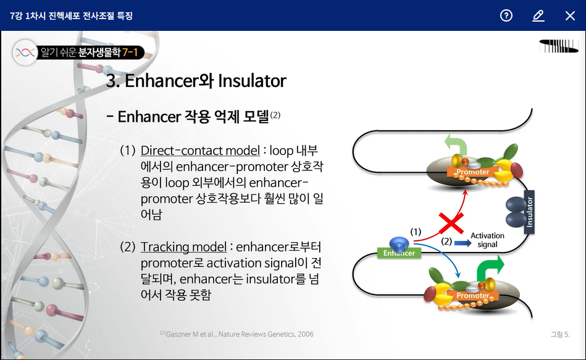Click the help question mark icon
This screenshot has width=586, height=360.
coord(506,15)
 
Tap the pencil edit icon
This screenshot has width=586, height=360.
coord(538,15)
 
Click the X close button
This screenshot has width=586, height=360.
coord(570,15)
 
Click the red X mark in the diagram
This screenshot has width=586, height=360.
coord(451,223)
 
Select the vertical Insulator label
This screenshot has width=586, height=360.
coord(529,212)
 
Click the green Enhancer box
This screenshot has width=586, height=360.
coord(399,253)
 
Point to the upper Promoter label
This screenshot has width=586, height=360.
coord(473,172)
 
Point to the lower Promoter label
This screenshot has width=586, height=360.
coord(473,295)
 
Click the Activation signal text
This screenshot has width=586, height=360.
coord(487,240)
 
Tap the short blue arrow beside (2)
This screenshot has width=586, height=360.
coord(463,243)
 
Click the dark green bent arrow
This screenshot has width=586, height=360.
coord(490,269)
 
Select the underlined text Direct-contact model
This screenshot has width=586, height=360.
coord(200,151)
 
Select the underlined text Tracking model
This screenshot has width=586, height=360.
coord(183,247)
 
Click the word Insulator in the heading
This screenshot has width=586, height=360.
coord(252,81)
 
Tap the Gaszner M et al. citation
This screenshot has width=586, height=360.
coord(236,334)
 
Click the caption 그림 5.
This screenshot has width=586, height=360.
coord(560,334)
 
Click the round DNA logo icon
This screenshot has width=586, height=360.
coord(25,52)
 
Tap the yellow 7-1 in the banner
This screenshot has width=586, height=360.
coord(130,52)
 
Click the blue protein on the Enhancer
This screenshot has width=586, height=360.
coord(399,244)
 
